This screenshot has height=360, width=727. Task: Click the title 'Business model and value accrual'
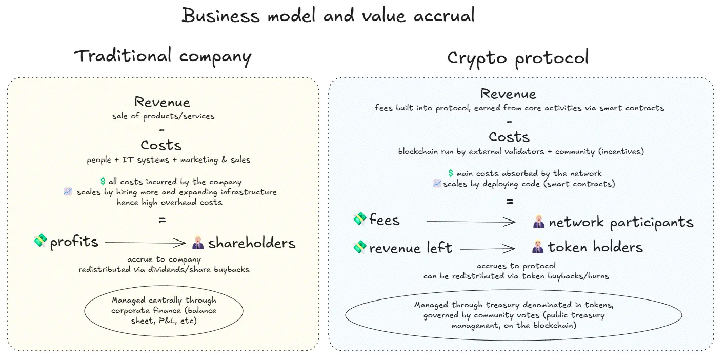[328, 15]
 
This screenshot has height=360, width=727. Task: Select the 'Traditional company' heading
[163, 56]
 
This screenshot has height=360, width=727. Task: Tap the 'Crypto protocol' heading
[518, 58]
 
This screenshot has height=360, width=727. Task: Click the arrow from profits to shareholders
[145, 243]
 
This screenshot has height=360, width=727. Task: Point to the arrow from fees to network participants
[471, 222]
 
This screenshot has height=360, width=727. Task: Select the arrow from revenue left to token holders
[488, 249]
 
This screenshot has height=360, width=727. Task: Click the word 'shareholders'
[252, 243]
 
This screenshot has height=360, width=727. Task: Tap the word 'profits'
[74, 242]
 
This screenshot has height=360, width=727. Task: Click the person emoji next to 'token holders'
[538, 247]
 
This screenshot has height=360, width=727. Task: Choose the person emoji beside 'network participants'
[538, 222]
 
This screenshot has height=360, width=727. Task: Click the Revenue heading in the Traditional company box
[162, 102]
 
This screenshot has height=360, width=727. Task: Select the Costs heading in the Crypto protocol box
[509, 137]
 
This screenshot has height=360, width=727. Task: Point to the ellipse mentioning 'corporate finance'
[164, 310]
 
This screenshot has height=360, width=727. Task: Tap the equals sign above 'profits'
[162, 220]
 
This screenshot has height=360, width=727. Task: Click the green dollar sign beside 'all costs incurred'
[103, 182]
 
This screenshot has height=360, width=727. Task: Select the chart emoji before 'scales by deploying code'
[437, 184]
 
